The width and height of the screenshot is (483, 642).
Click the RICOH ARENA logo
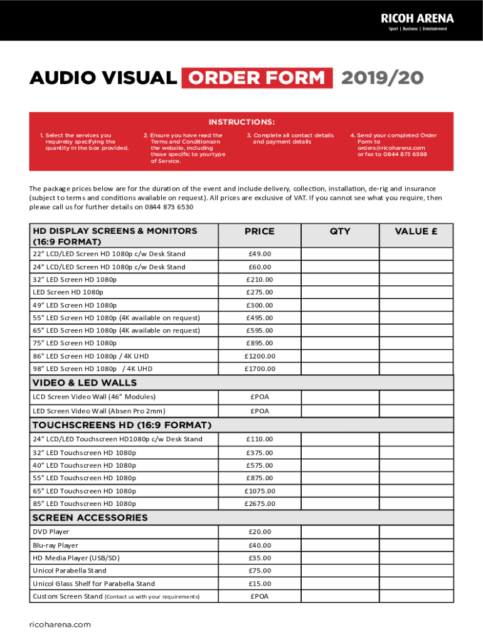tap(417, 21)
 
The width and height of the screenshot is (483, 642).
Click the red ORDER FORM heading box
tap(257, 78)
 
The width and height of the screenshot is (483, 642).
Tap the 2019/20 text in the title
tap(383, 78)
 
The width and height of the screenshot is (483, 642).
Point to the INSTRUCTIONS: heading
tap(242, 122)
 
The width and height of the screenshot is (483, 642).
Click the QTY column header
tap(340, 231)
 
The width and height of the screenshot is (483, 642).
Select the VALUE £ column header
tap(416, 231)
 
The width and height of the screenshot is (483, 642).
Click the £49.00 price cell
tap(259, 254)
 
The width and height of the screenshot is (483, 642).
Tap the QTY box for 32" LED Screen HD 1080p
tap(340, 280)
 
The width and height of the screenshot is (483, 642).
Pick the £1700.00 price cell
tap(259, 369)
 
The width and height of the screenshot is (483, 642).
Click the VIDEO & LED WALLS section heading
tap(84, 382)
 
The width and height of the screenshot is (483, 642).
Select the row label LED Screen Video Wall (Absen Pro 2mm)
tap(99, 411)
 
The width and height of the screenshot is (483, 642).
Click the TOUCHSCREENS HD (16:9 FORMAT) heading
tap(122, 426)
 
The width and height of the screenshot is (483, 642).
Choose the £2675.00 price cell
tap(259, 503)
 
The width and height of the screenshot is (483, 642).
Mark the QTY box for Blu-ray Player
tap(340, 545)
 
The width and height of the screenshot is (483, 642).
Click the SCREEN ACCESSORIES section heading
tap(90, 518)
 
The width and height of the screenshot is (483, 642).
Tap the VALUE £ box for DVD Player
tap(416, 532)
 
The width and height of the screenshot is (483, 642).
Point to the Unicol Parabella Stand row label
tap(70, 571)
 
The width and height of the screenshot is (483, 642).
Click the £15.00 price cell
tap(259, 584)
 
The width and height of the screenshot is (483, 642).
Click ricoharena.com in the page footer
tap(60, 624)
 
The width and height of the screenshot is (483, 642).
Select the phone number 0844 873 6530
tap(168, 206)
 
